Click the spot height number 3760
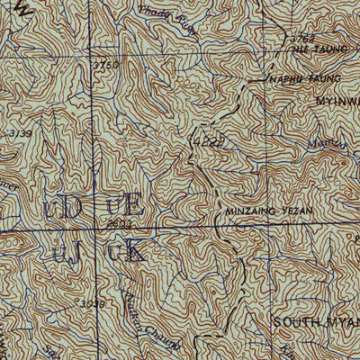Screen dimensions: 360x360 pyautogui.click(x=106, y=65)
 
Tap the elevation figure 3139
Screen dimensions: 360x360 pyautogui.click(x=18, y=133)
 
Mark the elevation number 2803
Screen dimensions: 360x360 pyautogui.click(x=119, y=221)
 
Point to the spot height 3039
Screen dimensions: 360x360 pyautogui.click(x=93, y=303)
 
